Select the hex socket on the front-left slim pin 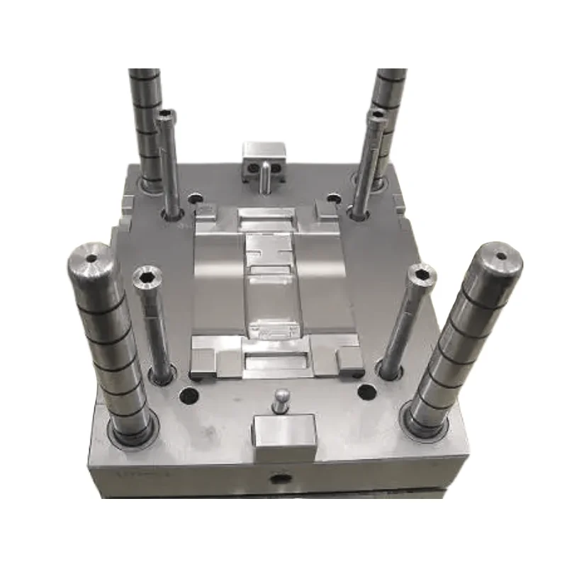coord(147,276)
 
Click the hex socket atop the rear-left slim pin coord(167,115)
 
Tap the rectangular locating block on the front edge coord(283,435)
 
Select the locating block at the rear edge coord(263,158)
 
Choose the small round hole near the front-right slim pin coord(366,392)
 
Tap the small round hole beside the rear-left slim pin coord(194,201)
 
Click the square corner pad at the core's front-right coord(349,360)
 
